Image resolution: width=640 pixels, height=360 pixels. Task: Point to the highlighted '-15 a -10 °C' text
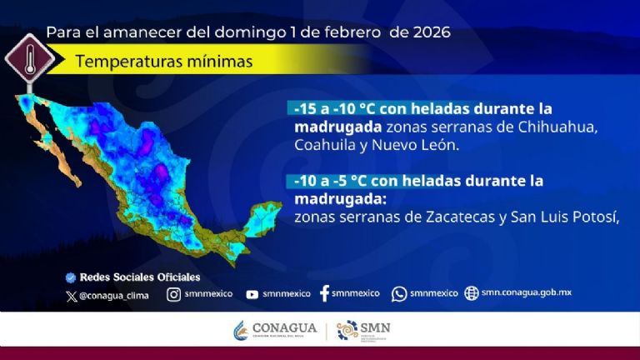tap(332, 109)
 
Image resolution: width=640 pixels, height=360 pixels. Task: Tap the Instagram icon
tap(173, 293)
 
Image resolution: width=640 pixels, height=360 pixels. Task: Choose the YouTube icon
tap(252, 294)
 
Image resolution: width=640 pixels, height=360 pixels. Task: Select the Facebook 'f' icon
tap(324, 293)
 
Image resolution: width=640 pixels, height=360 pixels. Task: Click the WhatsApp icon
tap(399, 293)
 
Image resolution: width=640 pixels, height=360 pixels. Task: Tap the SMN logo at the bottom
tap(363, 330)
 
